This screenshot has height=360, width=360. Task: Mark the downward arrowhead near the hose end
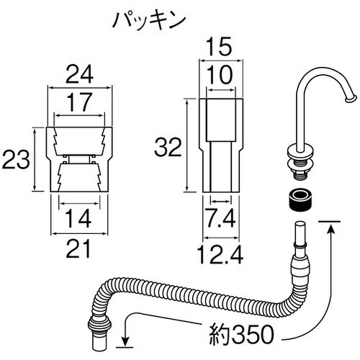[127, 341]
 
